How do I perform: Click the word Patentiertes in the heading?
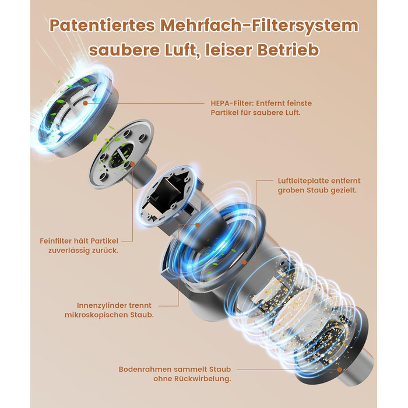[x=103, y=26]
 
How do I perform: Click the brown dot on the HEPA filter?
[x=85, y=103]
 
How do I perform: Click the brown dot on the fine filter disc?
[x=132, y=164]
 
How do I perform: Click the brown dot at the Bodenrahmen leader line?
[x=339, y=369]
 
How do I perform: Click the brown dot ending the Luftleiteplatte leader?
[x=244, y=262]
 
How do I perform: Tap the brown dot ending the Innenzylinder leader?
[x=198, y=224]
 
